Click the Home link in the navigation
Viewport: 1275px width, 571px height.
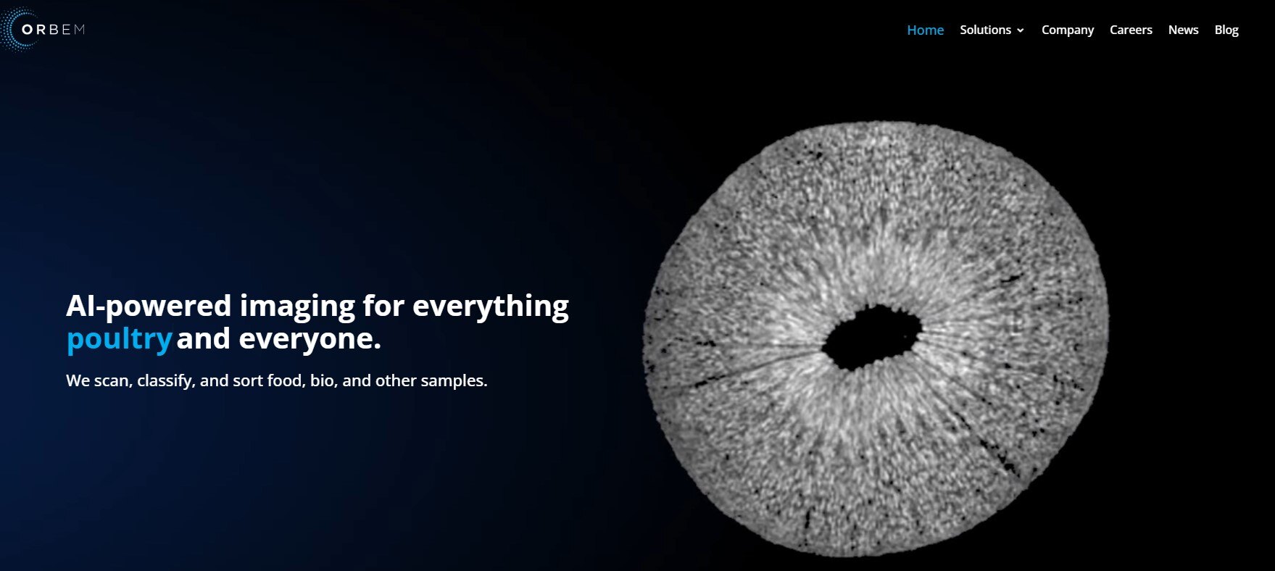[x=925, y=30]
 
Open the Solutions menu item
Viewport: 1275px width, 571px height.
[x=985, y=30]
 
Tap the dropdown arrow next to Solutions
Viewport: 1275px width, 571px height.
[x=1021, y=30]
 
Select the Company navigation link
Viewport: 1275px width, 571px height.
[x=1067, y=30]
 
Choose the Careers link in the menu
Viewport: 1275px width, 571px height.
[x=1131, y=30]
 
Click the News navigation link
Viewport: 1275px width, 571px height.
[x=1183, y=30]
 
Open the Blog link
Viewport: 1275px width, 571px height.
[x=1226, y=30]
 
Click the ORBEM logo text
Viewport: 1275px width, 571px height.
[x=54, y=30]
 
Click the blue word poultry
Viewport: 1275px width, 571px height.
[x=119, y=339]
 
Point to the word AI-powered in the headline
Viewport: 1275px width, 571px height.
[x=149, y=306]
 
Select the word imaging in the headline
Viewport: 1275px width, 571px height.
[x=297, y=307]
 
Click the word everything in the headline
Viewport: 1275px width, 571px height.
[x=490, y=307]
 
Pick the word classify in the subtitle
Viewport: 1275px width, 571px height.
[x=165, y=381]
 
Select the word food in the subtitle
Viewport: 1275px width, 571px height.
[x=286, y=380]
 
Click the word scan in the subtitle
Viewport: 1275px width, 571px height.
[x=111, y=380]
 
